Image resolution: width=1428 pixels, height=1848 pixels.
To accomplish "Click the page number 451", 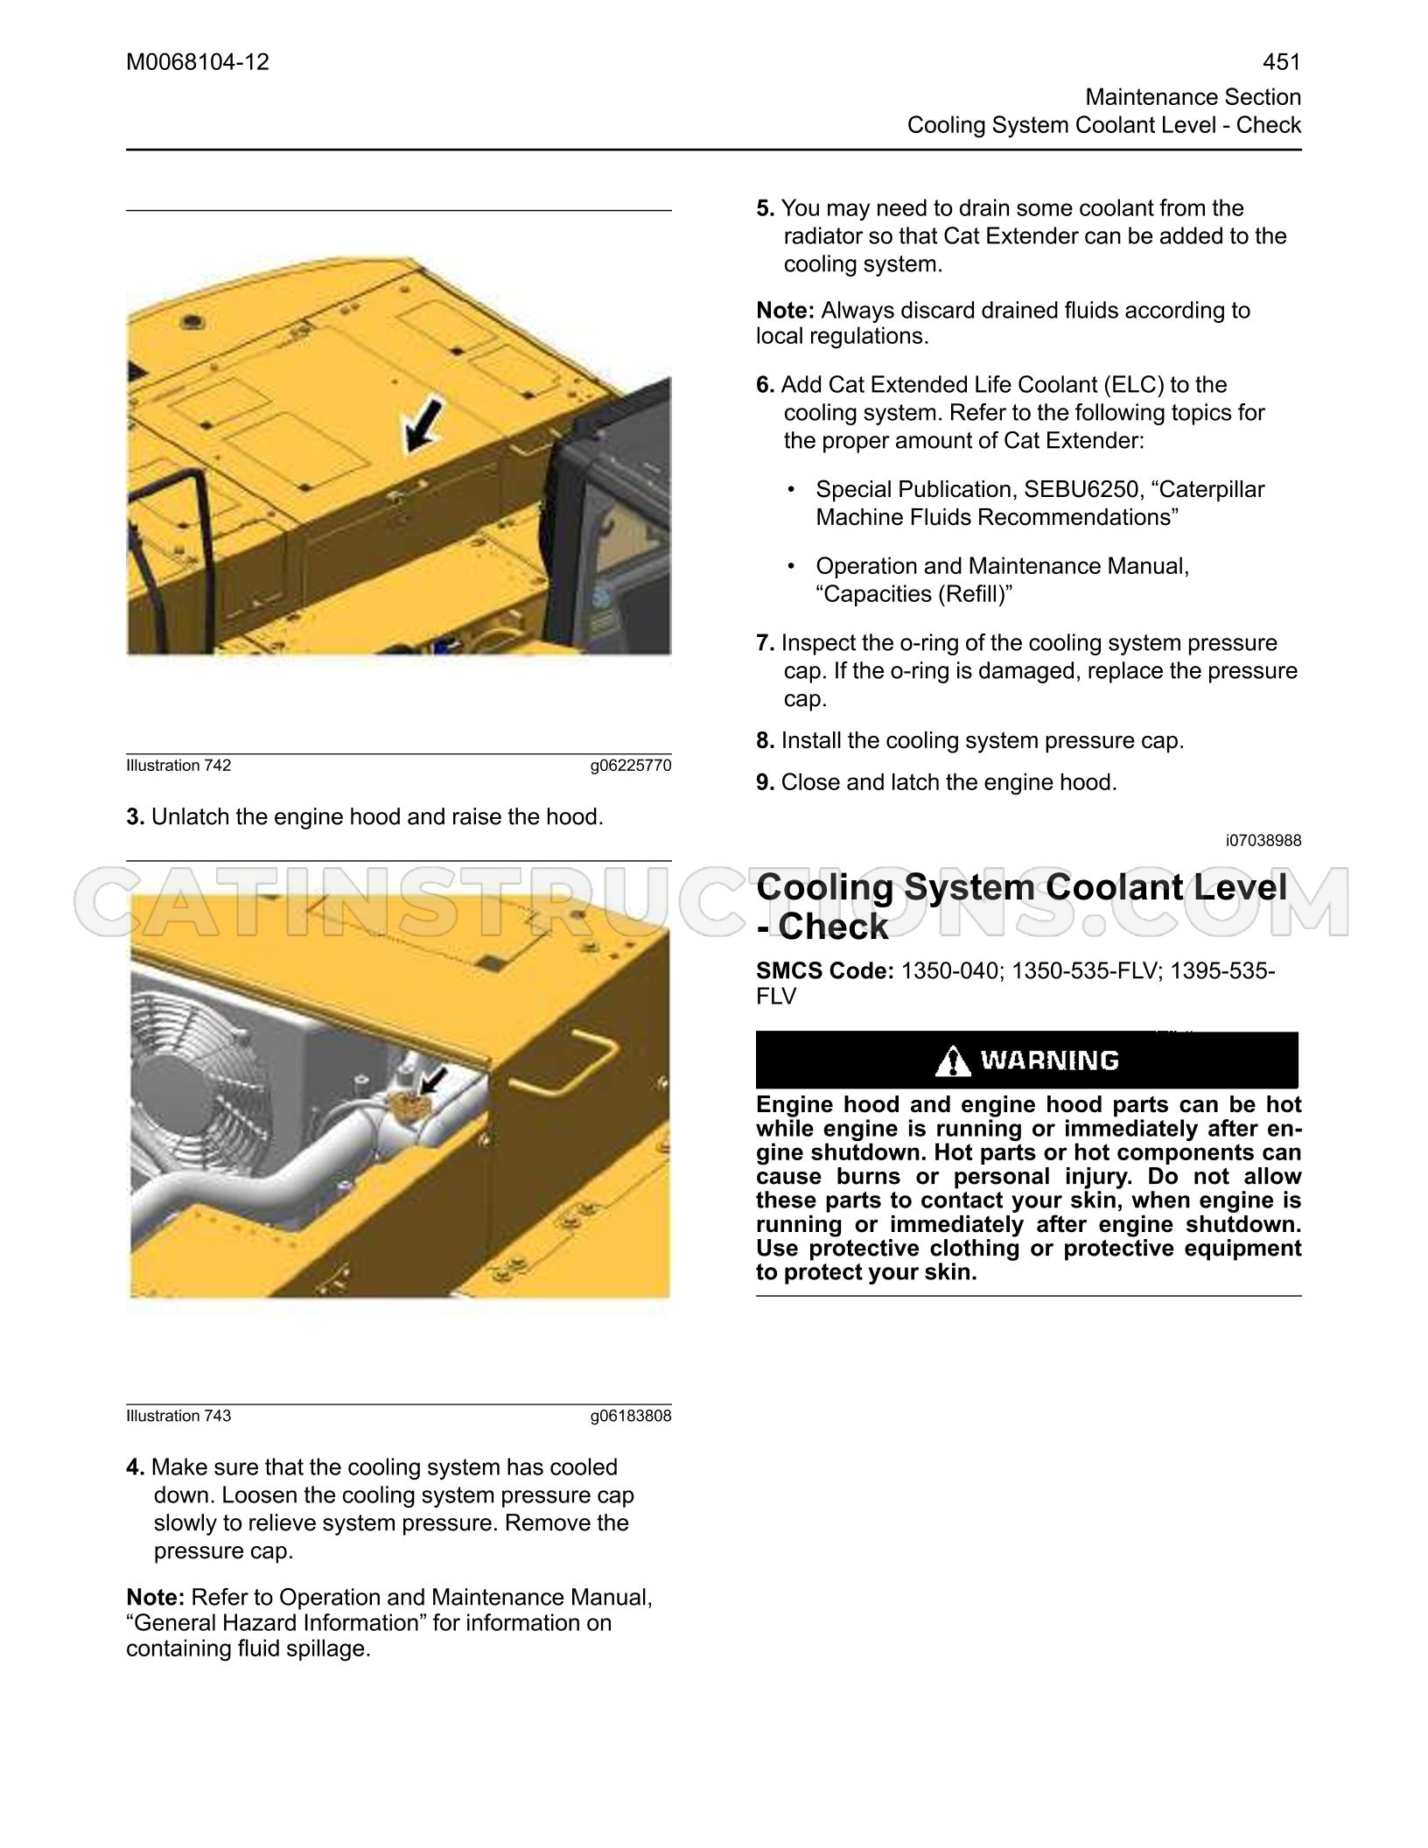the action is point(1282,62).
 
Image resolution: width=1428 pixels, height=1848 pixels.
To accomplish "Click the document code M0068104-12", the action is point(198,62).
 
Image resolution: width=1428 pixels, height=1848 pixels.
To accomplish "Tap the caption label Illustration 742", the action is point(179,766).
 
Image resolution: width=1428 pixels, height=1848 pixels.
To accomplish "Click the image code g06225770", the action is point(631,766).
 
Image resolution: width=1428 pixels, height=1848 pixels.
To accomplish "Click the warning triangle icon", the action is point(952,1060).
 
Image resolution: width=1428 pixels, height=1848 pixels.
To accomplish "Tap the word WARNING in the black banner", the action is point(1050,1060).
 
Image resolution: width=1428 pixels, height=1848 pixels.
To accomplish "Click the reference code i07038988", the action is point(1263,841).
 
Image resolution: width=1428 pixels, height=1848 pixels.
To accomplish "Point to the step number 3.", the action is point(135,817).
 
